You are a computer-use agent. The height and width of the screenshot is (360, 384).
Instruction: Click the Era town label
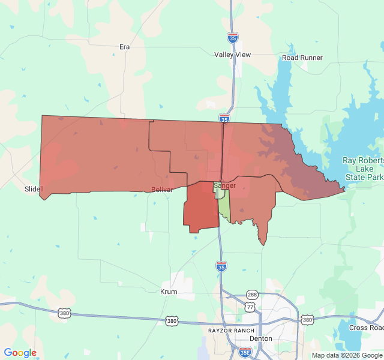[x=125, y=46]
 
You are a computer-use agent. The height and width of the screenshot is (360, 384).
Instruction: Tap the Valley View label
[x=233, y=55]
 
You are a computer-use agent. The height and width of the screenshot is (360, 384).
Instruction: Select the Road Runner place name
[x=302, y=58]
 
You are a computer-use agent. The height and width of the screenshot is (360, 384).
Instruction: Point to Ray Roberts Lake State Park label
[x=362, y=169]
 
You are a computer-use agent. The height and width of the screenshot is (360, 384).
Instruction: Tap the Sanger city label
[x=225, y=186]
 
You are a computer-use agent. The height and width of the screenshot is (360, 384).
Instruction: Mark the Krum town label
[x=169, y=292]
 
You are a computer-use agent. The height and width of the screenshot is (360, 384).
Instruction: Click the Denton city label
[x=260, y=338]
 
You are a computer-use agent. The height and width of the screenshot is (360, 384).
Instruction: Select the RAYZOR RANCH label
[x=231, y=331]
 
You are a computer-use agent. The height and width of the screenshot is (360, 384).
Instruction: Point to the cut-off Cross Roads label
[x=366, y=328]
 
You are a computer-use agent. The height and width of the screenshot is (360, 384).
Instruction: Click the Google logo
[x=20, y=353]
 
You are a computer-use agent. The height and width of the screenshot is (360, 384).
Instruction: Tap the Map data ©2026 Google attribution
[x=346, y=355]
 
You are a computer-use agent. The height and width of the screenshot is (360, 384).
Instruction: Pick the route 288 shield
[x=252, y=295]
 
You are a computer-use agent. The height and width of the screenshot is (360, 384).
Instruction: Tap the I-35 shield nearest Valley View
[x=233, y=37]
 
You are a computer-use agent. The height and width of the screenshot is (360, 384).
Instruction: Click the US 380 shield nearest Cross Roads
[x=308, y=320]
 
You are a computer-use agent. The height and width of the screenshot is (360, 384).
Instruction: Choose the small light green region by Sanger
[x=224, y=207]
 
